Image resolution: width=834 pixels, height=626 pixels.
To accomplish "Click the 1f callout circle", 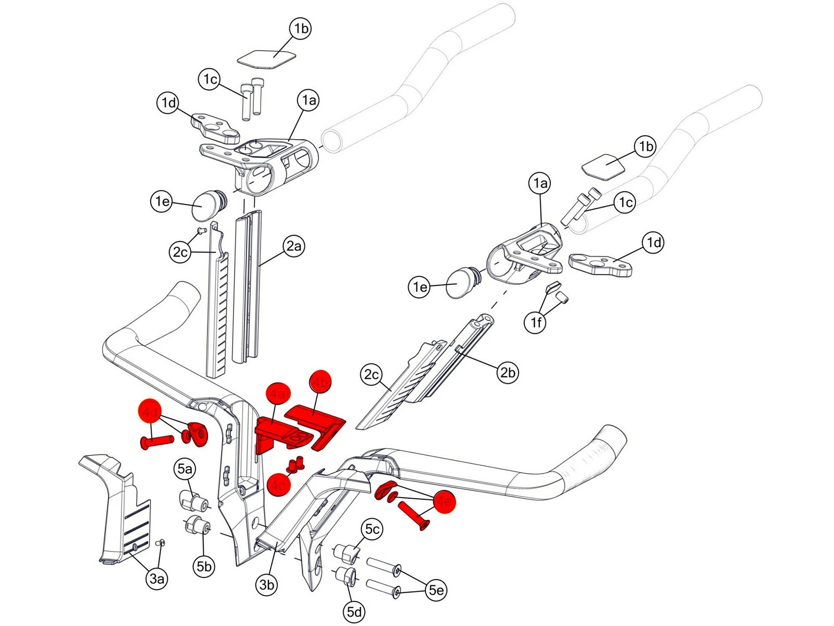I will [536, 322].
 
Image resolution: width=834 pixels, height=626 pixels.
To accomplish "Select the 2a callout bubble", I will [294, 246].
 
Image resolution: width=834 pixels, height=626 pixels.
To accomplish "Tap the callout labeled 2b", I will [508, 372].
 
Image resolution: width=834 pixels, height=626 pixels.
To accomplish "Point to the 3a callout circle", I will [157, 579].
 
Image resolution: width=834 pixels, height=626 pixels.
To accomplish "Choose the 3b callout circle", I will [266, 585].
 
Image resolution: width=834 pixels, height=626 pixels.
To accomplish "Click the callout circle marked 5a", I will [185, 469].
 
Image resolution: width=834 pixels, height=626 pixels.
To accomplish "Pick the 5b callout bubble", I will [204, 567].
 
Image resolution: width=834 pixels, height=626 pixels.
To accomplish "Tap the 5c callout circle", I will [372, 529].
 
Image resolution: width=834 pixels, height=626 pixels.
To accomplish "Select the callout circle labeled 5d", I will [354, 611].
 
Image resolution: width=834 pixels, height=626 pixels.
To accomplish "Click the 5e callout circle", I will [436, 590].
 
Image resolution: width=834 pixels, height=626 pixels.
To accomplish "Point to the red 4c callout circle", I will [278, 485].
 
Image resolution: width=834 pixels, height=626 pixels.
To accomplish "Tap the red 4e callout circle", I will [444, 502].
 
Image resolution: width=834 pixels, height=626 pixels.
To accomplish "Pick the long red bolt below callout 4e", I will [414, 515].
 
